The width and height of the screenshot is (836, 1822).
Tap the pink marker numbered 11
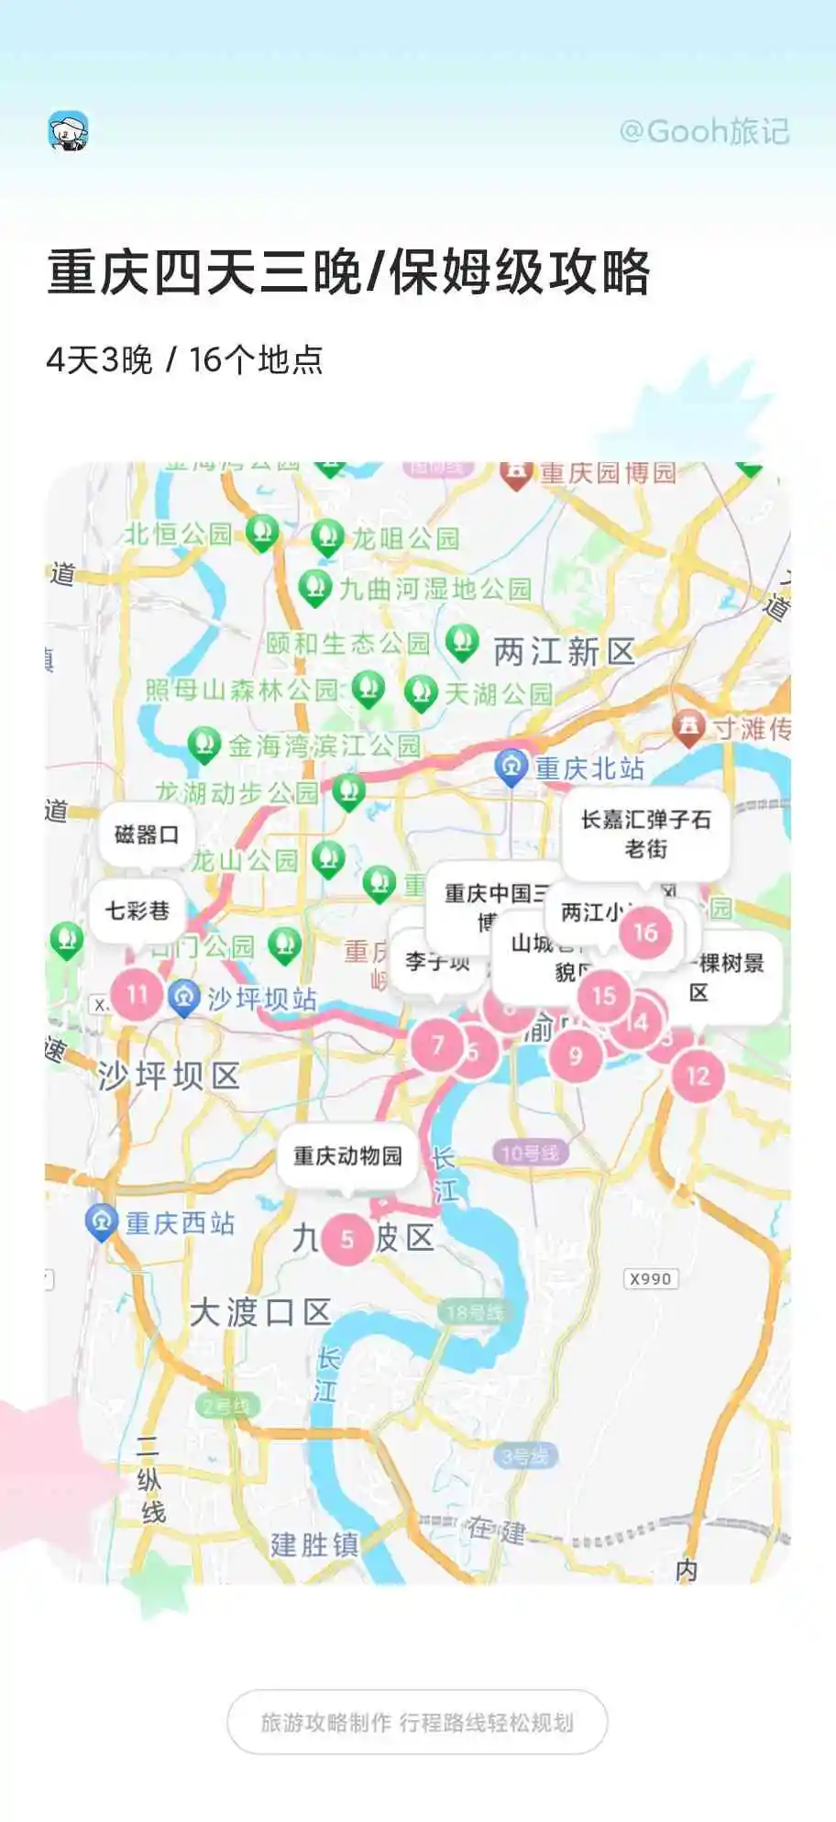(x=137, y=994)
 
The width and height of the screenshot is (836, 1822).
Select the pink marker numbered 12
(x=698, y=1076)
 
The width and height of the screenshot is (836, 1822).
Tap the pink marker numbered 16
(x=645, y=933)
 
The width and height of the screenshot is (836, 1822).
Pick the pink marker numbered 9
(x=576, y=1056)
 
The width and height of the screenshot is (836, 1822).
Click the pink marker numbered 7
(x=437, y=1045)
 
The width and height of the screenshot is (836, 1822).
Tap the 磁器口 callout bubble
(x=146, y=834)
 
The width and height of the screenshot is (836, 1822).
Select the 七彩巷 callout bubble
(x=137, y=911)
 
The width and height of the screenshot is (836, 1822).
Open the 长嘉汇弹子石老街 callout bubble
(x=645, y=834)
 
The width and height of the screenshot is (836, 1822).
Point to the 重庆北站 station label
(x=589, y=768)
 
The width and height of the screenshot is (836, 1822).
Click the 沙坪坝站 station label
(x=262, y=999)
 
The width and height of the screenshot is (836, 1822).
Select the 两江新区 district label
(x=564, y=652)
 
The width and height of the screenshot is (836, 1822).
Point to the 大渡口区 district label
(x=260, y=1312)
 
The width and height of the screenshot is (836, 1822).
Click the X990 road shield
(x=651, y=1278)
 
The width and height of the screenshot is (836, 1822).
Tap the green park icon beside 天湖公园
(x=421, y=693)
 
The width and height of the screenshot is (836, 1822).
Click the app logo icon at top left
(x=69, y=131)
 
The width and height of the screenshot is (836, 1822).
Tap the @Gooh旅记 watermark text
(x=704, y=132)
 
